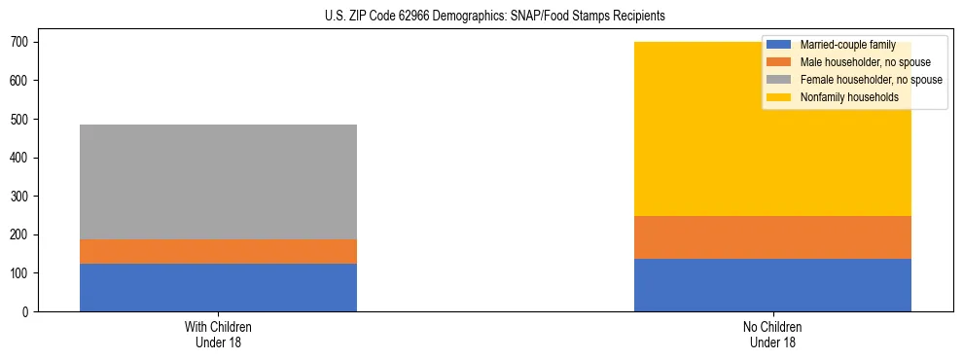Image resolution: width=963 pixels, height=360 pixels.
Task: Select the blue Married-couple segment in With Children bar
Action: [x=218, y=287]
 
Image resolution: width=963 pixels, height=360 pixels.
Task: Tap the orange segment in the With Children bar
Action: [x=218, y=251]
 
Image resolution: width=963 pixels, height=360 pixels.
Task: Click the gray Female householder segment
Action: [x=218, y=182]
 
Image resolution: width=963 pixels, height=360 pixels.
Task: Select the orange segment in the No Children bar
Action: [x=772, y=237]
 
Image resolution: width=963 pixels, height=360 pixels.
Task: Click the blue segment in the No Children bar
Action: [x=772, y=285]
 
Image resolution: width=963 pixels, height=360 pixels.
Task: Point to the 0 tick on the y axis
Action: [x=27, y=312]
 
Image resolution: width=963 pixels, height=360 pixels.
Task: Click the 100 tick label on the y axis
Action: [x=21, y=273]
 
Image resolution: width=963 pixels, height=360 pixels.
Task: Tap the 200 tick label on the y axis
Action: [x=21, y=235]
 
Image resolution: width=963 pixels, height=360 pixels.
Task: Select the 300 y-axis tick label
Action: [x=21, y=197]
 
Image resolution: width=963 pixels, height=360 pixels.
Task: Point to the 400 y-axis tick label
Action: [x=21, y=158]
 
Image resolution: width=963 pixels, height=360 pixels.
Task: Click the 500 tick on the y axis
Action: [x=21, y=120]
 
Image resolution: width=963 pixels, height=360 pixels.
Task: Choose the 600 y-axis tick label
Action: [x=21, y=81]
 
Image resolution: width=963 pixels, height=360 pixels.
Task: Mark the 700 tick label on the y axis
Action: [x=21, y=43]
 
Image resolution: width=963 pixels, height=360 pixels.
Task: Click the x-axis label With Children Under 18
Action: [x=218, y=334]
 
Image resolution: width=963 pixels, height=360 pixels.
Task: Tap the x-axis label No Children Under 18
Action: [x=772, y=334]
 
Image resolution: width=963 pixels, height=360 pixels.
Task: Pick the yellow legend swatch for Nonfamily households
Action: [x=779, y=97]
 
